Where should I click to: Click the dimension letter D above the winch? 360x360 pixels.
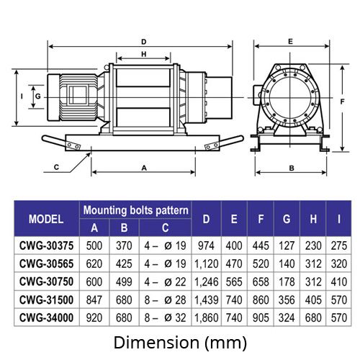point(144,42)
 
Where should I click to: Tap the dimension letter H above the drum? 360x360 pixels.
point(144,54)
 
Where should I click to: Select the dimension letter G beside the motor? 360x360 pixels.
point(38,96)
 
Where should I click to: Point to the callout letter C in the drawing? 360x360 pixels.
point(56,167)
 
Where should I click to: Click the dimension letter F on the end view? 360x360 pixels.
point(343,102)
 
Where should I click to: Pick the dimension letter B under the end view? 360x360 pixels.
point(292,168)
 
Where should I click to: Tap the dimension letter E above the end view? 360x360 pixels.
point(290,42)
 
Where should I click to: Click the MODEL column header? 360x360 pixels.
point(46,219)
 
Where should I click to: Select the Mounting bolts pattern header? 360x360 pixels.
point(135,210)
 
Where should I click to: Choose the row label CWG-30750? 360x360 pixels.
point(46,282)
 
